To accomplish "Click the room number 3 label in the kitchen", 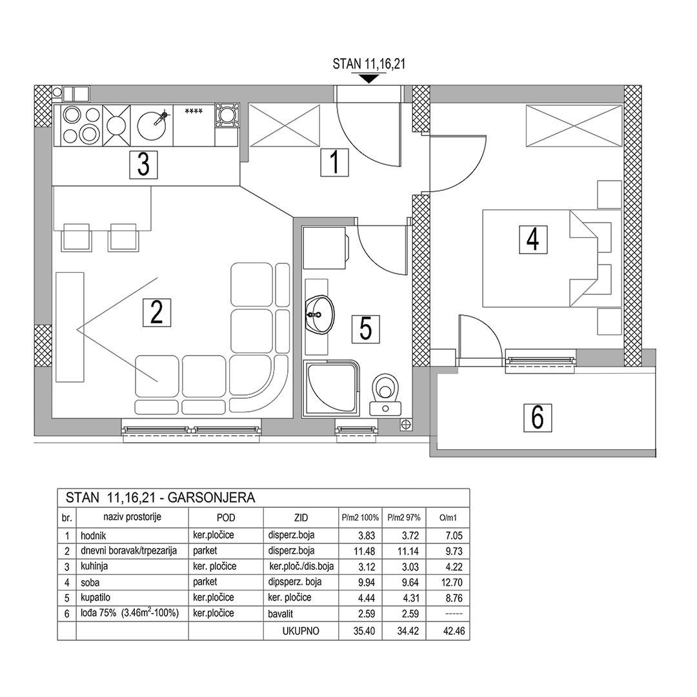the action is (x=143, y=165).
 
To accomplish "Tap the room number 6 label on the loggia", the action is (x=538, y=418).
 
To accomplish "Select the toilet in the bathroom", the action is (x=385, y=395).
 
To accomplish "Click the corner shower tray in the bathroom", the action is (x=331, y=389).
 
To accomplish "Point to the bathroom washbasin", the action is (x=319, y=314).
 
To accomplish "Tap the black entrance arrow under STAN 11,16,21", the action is (x=369, y=79).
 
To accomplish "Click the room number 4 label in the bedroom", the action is (x=533, y=239).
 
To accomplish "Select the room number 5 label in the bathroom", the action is (x=366, y=329).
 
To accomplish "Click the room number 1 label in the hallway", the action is (x=335, y=162).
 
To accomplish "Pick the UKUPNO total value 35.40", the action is (x=364, y=631).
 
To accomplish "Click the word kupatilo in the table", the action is (x=95, y=598).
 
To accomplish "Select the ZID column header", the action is (x=301, y=518).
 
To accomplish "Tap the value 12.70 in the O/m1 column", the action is (x=454, y=582).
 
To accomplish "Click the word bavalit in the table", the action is (x=281, y=614).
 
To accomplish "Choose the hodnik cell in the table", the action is (x=94, y=536).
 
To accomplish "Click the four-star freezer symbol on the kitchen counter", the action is (x=194, y=111).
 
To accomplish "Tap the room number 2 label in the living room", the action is (x=156, y=312).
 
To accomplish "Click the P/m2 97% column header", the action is (x=404, y=518).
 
